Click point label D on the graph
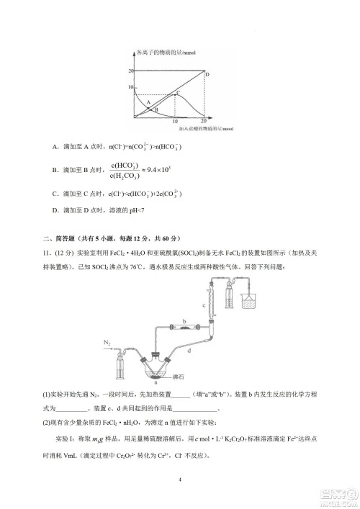pos(207,75)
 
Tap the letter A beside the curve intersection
pos(149,102)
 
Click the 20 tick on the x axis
pos(204,122)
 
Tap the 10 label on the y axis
pos(131,86)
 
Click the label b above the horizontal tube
pos(184,321)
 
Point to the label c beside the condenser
pos(204,305)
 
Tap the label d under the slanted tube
pos(189,349)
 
